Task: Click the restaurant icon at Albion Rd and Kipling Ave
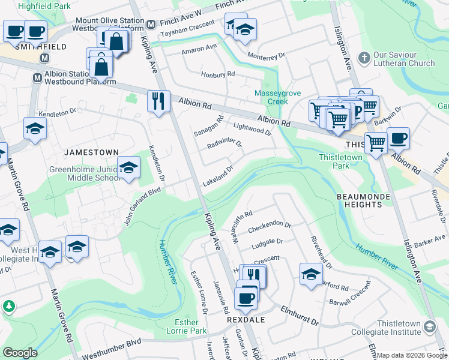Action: [158, 100]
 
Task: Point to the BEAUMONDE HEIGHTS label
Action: [368, 200]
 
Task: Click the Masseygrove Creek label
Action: [276, 97]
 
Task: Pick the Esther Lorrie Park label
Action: [186, 326]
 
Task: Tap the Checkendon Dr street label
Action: [269, 227]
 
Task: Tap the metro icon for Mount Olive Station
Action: [151, 24]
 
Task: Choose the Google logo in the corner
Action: [20, 353]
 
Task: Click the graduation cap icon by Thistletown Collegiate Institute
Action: [429, 326]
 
